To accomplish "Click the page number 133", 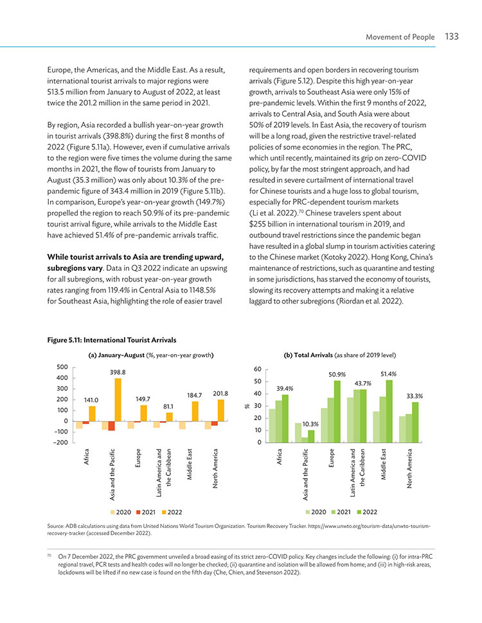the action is (x=452, y=37).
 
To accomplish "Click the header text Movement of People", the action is (x=400, y=37).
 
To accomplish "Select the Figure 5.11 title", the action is (x=111, y=340).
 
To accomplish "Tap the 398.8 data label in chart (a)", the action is (x=118, y=372).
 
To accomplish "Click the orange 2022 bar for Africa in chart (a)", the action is (x=92, y=414).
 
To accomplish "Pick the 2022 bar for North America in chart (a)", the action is (x=221, y=411).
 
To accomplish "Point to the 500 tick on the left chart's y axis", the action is (x=62, y=367).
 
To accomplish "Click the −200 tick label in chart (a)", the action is (x=60, y=443).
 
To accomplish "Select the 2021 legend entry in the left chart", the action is (x=146, y=512).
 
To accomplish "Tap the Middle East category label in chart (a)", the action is (x=190, y=464).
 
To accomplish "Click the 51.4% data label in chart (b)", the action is (x=388, y=374).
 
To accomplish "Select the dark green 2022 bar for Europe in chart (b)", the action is (x=337, y=412).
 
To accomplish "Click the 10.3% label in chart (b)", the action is (x=310, y=424).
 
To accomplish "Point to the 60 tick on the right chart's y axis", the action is (x=258, y=369).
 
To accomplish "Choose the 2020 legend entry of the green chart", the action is (x=316, y=512).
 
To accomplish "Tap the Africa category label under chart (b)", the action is (x=280, y=457).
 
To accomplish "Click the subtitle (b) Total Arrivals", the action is (x=308, y=355).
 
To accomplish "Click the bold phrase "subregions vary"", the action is (x=75, y=268).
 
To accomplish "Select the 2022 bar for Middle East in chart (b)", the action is (x=389, y=411).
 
